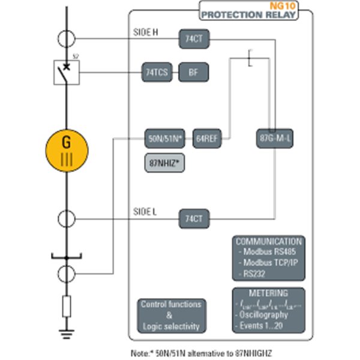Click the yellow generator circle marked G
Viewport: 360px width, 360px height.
67,150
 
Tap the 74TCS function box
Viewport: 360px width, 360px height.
157,73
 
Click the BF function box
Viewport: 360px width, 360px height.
192,73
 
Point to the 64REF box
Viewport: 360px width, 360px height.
207,138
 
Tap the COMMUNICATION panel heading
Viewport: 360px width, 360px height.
268,241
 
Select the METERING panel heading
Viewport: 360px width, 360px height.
268,293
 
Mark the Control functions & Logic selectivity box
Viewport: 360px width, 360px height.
171,315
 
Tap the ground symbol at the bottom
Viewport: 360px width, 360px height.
67,335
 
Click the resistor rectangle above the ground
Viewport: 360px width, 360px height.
67,307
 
